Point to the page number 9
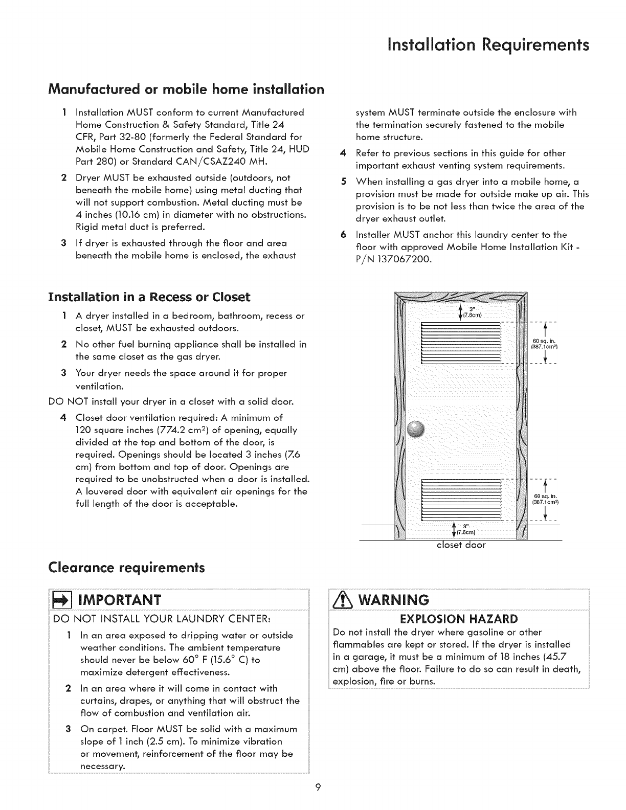[x=318, y=787]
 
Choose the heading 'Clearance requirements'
[x=126, y=567]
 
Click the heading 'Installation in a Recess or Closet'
[x=149, y=297]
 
